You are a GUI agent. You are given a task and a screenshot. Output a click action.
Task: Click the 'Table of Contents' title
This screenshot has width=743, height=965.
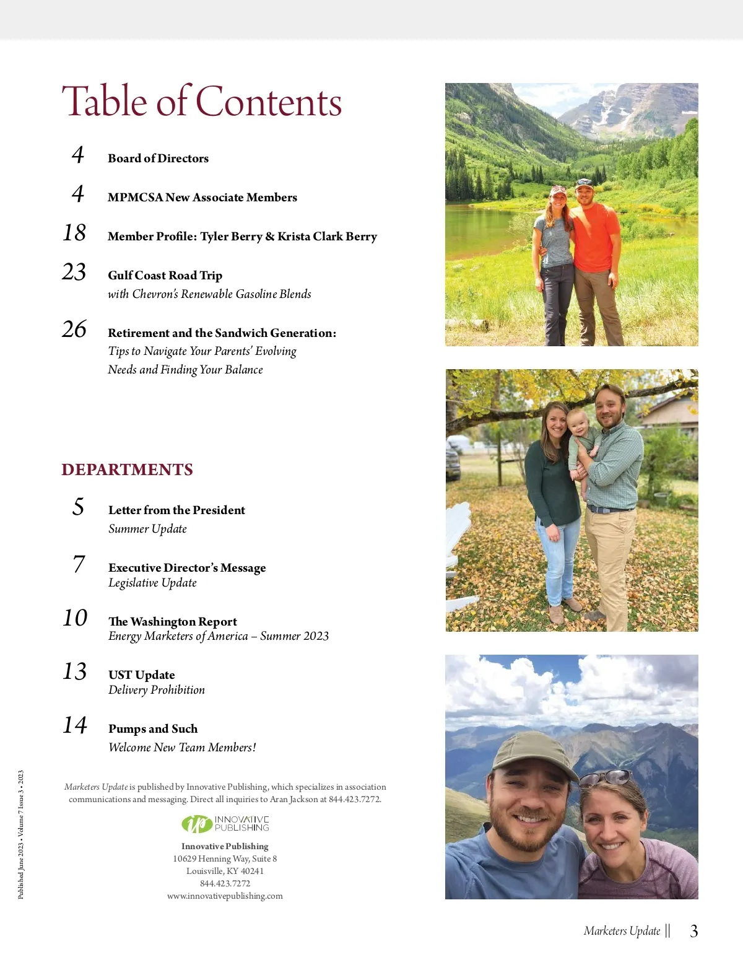[x=201, y=102]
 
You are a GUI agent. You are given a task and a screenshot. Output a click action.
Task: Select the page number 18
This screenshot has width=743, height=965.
[x=74, y=233]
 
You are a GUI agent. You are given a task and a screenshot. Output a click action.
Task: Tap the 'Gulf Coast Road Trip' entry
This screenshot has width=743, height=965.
[x=165, y=275]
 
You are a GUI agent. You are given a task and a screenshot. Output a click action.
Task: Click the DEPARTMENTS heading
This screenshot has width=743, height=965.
[x=127, y=469]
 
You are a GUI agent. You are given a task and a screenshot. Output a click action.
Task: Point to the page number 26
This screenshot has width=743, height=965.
[x=74, y=329]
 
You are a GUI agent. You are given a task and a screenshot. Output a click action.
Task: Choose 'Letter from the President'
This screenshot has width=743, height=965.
[x=176, y=510]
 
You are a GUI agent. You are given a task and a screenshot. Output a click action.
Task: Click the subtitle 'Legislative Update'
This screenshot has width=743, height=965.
[x=152, y=583]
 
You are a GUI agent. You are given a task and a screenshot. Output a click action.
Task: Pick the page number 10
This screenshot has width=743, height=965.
[x=75, y=618]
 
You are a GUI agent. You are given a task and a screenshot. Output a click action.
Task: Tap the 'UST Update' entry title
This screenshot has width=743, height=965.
[x=141, y=675]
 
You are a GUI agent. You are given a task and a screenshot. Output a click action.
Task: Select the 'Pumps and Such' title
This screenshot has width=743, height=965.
[x=153, y=728]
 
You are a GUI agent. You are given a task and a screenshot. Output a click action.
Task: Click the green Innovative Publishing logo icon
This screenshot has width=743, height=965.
[x=196, y=824]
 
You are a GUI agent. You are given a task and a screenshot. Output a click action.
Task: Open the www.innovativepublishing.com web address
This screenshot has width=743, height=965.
[x=225, y=896]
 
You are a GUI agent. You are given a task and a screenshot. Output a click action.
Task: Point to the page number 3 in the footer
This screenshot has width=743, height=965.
[x=694, y=931]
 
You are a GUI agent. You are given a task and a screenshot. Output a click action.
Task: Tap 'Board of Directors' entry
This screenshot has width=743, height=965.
[x=158, y=158]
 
